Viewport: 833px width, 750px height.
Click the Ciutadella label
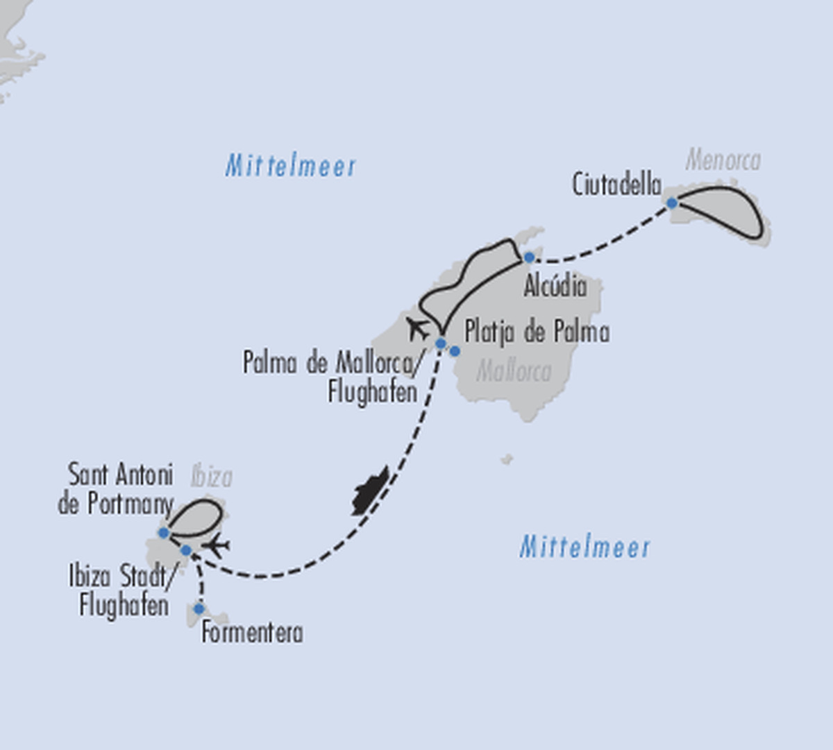(616, 185)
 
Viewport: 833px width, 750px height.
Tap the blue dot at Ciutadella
(672, 203)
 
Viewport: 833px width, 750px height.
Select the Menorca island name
(723, 160)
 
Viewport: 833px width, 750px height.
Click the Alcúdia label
(555, 286)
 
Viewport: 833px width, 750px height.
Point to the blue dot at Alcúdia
(529, 258)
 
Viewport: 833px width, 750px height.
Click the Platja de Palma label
(537, 332)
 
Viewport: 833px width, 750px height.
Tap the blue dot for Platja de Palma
(455, 351)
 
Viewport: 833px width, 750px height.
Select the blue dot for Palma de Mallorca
(441, 343)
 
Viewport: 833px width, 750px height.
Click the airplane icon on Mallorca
(417, 329)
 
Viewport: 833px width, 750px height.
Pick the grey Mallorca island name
(514, 371)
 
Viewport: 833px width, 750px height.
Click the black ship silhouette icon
(371, 491)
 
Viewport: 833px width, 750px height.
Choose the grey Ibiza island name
(211, 477)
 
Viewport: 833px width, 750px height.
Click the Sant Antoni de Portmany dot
(164, 533)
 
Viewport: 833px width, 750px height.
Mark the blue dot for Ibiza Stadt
(186, 550)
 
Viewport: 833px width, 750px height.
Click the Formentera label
(252, 633)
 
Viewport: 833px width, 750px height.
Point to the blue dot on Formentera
(199, 608)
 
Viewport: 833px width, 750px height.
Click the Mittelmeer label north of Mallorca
(290, 166)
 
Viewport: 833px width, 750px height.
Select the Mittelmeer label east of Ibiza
(584, 547)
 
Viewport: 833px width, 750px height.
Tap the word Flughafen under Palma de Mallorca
(373, 391)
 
